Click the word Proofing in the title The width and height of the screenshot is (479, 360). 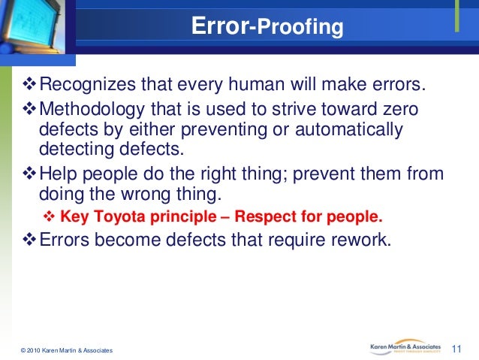click(300, 28)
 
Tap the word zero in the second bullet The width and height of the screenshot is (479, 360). click(402, 110)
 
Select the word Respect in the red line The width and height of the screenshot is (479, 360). click(266, 218)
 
